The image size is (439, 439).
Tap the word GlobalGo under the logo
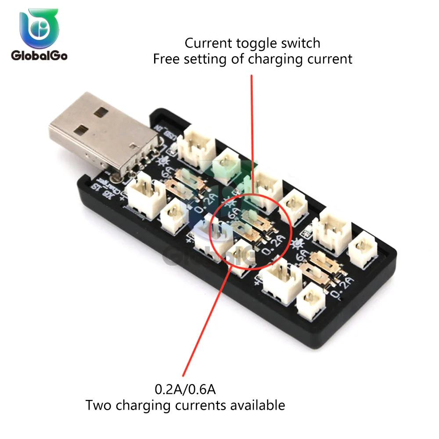coord(39,56)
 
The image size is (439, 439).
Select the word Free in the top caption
coord(166,59)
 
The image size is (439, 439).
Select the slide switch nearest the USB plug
coord(189,184)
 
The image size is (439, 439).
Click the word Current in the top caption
coord(206,43)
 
